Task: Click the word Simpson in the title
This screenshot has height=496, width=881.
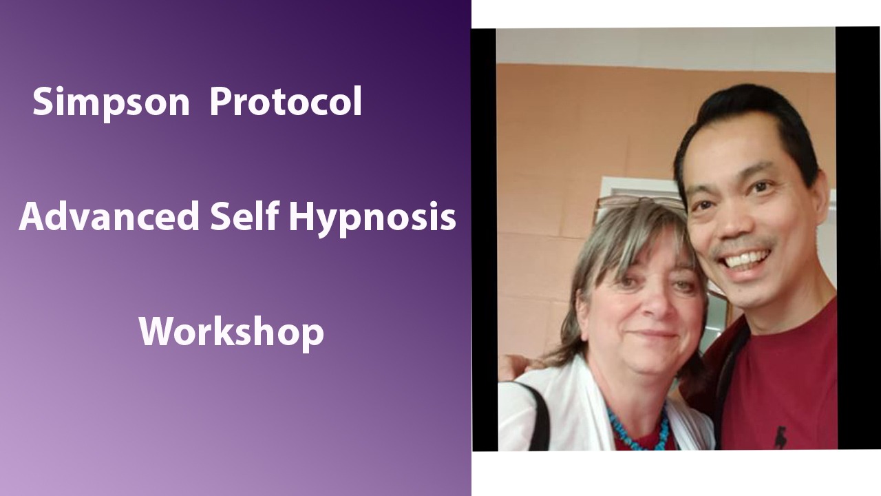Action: [111, 102]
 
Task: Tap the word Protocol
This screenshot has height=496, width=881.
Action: [286, 102]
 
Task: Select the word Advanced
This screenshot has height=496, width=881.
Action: [109, 217]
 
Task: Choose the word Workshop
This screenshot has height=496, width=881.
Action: [231, 332]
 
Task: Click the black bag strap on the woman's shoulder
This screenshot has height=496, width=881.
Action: [540, 413]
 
